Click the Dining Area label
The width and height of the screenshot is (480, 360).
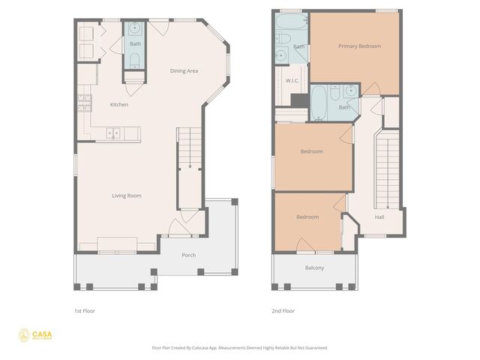(x=184, y=70)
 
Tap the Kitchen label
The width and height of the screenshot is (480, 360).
(x=119, y=104)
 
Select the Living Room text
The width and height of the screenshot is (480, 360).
(x=127, y=196)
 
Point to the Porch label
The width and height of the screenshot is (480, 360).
(x=189, y=255)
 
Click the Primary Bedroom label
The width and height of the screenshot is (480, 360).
(x=359, y=46)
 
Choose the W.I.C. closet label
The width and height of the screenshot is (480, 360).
(x=292, y=80)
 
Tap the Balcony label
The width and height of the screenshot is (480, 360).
(x=315, y=268)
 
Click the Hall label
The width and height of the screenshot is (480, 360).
(x=380, y=217)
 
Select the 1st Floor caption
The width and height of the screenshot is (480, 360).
(x=85, y=310)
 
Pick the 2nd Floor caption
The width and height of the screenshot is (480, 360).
(x=283, y=310)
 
